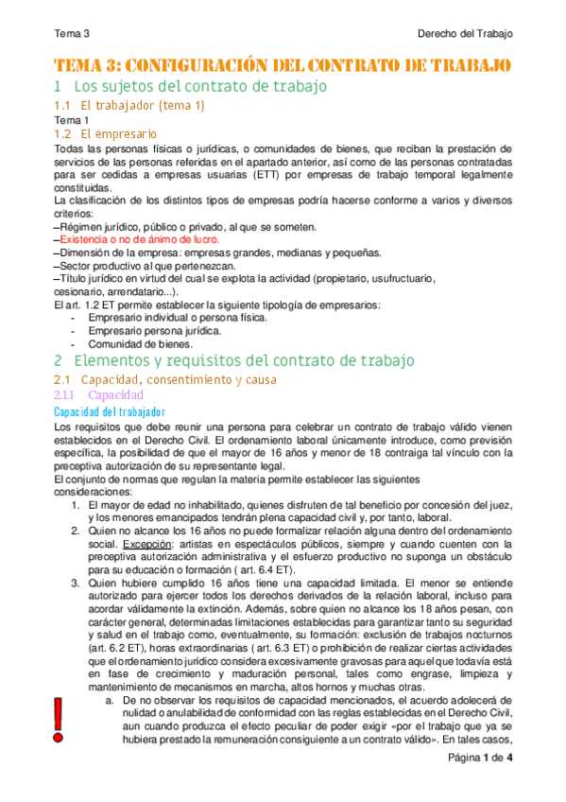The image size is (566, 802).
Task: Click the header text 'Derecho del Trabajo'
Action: pos(465,33)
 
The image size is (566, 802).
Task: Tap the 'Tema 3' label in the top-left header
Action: pos(72,33)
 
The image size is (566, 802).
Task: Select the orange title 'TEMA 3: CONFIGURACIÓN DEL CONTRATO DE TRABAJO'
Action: pos(283,64)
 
